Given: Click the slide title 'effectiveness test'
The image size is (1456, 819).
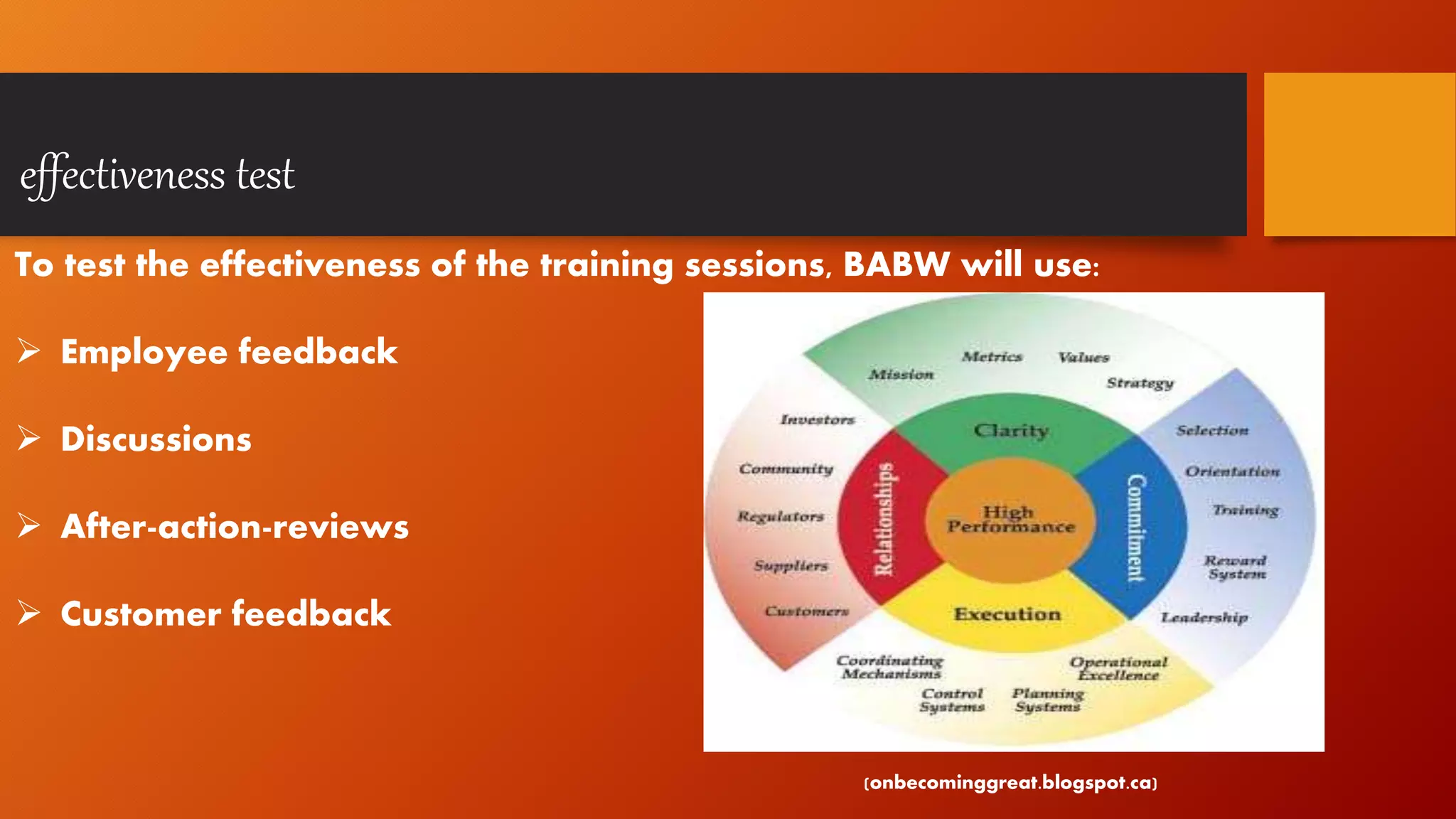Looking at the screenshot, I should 157,175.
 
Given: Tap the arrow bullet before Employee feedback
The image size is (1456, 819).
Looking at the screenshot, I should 28,351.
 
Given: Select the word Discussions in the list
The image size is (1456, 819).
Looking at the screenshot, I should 156,439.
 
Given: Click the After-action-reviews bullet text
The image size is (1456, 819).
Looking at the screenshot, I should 235,527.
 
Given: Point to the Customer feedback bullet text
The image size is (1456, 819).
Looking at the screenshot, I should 225,614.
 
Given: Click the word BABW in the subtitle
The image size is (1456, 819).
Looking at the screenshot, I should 896,264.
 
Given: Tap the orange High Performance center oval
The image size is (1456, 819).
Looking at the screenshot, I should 1010,520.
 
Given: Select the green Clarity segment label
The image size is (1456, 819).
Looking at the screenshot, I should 1010,431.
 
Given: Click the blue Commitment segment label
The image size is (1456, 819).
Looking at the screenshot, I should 1136,528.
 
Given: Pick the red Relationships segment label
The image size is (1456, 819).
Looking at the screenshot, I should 883,520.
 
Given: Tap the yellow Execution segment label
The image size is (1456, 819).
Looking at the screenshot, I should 1007,614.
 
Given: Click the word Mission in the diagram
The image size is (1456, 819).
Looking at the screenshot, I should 901,375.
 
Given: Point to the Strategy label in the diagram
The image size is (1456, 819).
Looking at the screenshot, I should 1139,383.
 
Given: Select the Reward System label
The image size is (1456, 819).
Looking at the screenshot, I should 1236,567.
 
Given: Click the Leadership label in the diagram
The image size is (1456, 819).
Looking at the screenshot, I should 1204,617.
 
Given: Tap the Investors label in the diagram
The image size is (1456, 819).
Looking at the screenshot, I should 817,420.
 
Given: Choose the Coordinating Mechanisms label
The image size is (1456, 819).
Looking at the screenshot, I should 890,668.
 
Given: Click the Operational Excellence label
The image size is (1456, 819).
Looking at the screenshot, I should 1118,669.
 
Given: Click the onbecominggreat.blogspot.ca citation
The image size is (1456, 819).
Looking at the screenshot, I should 1010,783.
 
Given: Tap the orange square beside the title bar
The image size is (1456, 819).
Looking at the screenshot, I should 1359,154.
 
